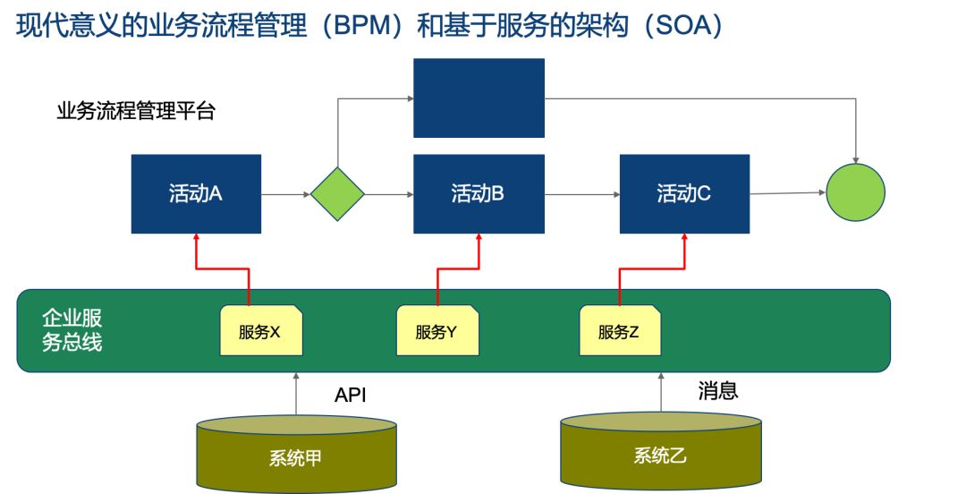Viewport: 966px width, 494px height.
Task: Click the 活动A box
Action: click(196, 193)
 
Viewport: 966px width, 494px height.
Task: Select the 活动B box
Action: click(479, 193)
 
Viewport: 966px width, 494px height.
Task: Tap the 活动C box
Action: click(684, 193)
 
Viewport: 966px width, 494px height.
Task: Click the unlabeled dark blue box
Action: click(479, 98)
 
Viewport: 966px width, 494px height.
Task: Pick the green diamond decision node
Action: click(337, 193)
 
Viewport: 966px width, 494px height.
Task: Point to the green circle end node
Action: click(855, 192)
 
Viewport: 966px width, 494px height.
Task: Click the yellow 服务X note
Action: click(261, 330)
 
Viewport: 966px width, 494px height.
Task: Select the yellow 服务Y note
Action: click(437, 330)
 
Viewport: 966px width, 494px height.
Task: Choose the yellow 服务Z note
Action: click(620, 330)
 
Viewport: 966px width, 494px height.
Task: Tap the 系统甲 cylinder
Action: click(296, 454)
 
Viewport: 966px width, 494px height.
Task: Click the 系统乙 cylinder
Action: click(661, 451)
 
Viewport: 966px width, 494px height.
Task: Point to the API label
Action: click(351, 395)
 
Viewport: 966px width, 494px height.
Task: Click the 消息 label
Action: click(717, 390)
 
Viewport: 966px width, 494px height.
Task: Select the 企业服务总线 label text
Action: click(72, 330)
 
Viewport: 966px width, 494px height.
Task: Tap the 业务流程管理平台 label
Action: click(136, 111)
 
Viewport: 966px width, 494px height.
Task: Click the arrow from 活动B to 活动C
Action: click(582, 194)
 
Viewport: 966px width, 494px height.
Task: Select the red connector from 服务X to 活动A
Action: click(223, 268)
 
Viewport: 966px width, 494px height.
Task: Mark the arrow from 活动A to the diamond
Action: click(286, 194)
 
